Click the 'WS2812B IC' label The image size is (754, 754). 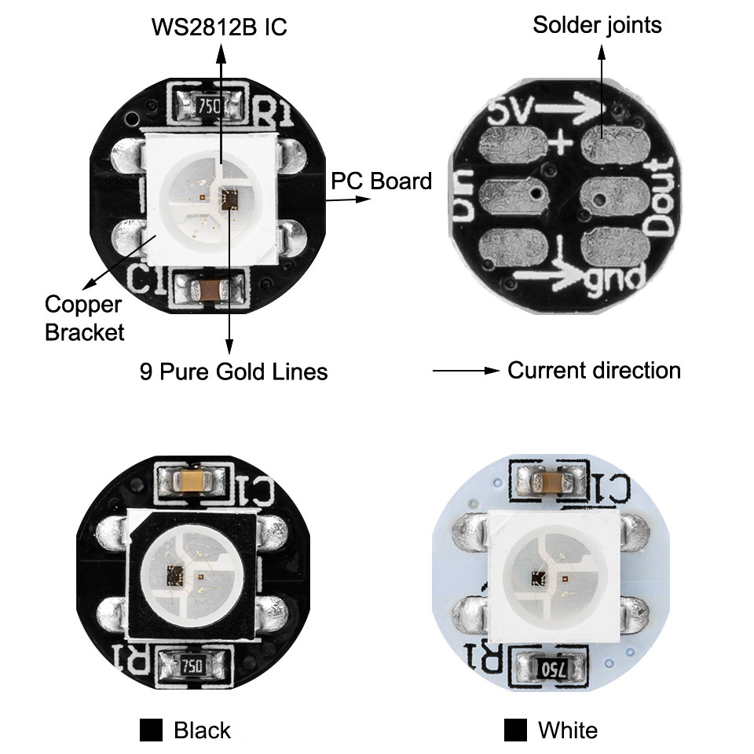[x=219, y=27]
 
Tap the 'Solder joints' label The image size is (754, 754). [x=597, y=25]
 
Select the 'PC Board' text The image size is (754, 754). [x=382, y=181]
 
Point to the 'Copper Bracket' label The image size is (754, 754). [x=85, y=318]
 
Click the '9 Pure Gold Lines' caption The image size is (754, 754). [x=234, y=372]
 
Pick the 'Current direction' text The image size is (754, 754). [x=595, y=371]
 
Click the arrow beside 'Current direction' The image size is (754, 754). [x=466, y=371]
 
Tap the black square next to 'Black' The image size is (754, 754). [x=151, y=730]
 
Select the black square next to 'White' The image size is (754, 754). [x=515, y=730]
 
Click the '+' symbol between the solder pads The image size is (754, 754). [x=561, y=142]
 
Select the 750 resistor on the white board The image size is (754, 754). [x=552, y=668]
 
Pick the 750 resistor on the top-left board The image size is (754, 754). [x=209, y=106]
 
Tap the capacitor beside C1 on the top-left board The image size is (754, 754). [x=210, y=290]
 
